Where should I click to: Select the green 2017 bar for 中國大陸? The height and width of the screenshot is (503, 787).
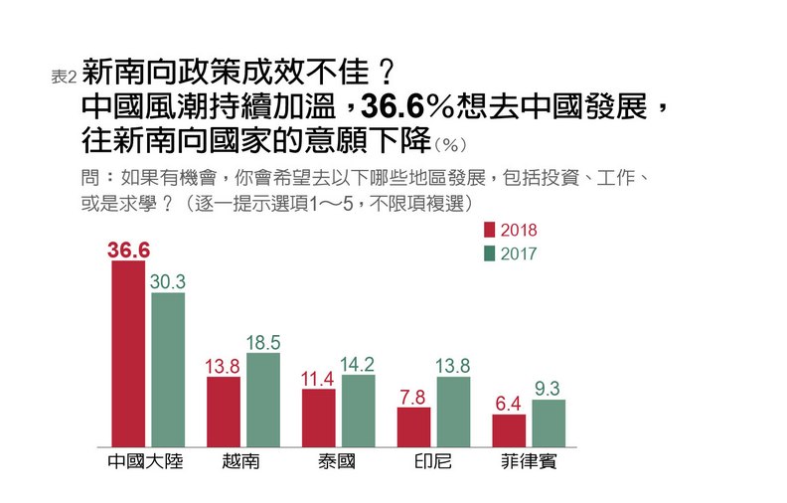(168, 370)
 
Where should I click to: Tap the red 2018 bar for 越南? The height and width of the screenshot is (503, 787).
(224, 412)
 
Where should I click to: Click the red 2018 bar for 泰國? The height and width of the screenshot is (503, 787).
(319, 418)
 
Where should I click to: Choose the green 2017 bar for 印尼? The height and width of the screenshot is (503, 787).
(453, 412)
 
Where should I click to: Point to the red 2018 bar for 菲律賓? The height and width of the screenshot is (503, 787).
(509, 430)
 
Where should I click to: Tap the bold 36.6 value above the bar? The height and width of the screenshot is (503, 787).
(128, 250)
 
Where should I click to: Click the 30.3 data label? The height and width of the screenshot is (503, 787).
(168, 281)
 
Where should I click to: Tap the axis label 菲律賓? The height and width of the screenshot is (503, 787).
(529, 463)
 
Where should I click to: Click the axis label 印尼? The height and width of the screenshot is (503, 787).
(433, 463)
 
